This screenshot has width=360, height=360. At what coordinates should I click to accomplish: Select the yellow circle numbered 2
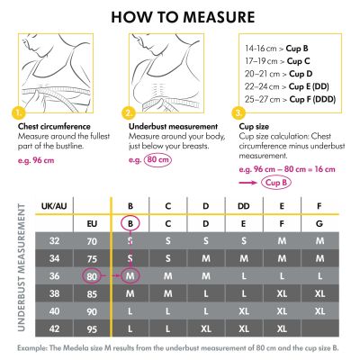coord(130,113)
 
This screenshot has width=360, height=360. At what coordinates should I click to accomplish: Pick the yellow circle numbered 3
coord(238,113)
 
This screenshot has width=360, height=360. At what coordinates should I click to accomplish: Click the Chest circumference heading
coord(51,126)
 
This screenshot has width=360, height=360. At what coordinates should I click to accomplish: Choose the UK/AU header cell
coord(51,206)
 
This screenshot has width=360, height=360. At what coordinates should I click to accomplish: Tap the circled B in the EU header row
coord(130,223)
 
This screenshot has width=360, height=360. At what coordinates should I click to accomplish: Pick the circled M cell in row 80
coord(130,275)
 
